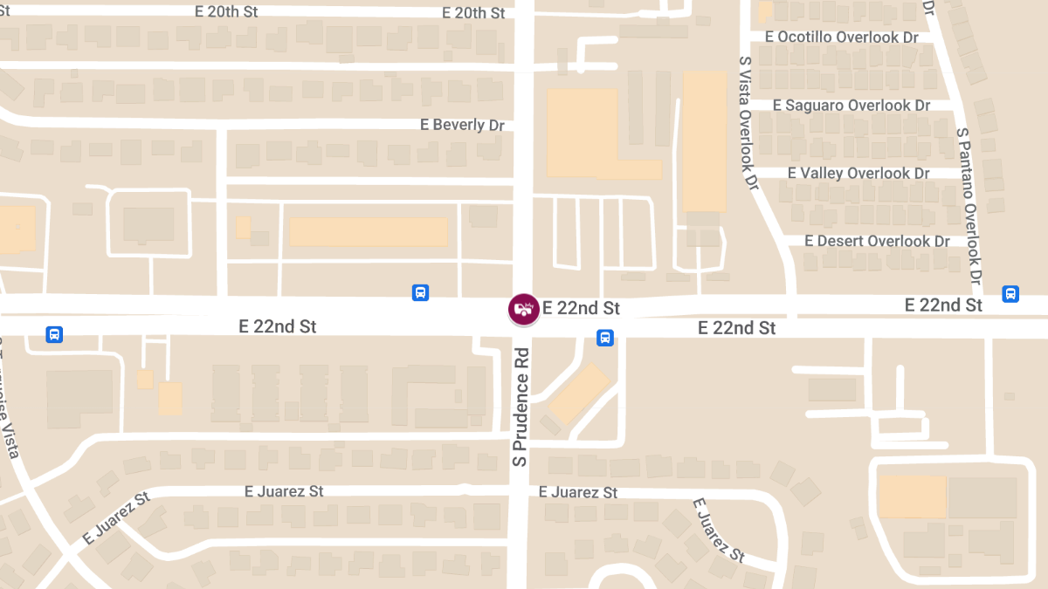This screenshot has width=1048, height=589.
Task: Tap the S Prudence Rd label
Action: pyautogui.click(x=521, y=407)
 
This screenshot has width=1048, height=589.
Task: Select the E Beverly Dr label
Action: pyautogui.click(x=462, y=125)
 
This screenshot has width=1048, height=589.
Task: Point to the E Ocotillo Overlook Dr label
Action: pyautogui.click(x=842, y=37)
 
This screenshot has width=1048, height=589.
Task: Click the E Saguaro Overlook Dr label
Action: pyautogui.click(x=851, y=105)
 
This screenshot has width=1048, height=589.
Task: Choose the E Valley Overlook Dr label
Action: pyautogui.click(x=858, y=173)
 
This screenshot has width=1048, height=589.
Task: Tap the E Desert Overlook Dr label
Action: pyautogui.click(x=877, y=240)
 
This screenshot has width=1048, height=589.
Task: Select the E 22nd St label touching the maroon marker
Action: pyautogui.click(x=581, y=308)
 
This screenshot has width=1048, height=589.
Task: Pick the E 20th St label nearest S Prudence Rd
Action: pyautogui.click(x=473, y=13)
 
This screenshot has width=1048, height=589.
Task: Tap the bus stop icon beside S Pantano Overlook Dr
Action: pyautogui.click(x=1010, y=294)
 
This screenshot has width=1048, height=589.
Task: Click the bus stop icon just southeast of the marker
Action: pyautogui.click(x=604, y=338)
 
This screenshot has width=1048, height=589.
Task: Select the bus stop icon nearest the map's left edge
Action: pyautogui.click(x=54, y=334)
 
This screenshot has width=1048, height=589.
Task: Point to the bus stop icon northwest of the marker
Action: pyautogui.click(x=420, y=293)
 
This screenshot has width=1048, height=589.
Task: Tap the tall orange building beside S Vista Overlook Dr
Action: pyautogui.click(x=704, y=140)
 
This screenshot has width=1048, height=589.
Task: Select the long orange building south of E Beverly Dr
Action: pyautogui.click(x=369, y=232)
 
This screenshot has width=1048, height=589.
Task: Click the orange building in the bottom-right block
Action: pyautogui.click(x=912, y=497)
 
